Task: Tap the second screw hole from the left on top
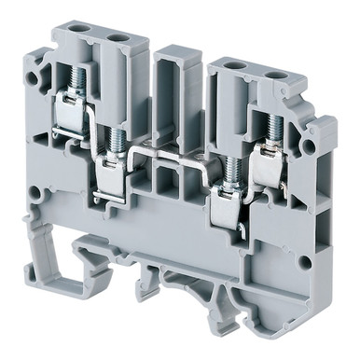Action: [118, 37]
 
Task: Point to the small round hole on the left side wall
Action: [35, 195]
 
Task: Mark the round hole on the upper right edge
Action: [309, 147]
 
